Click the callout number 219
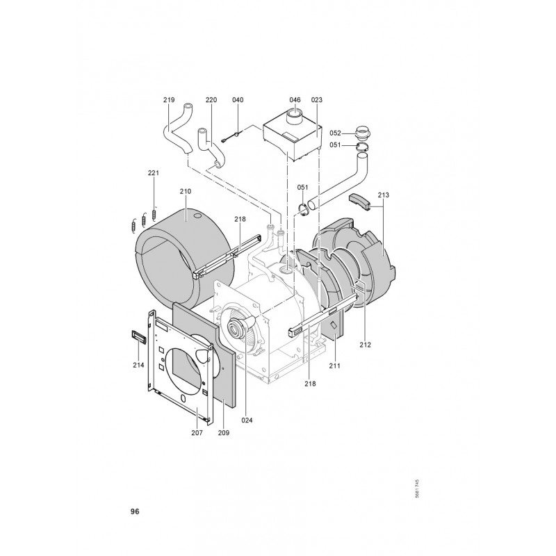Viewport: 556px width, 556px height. pos(169,100)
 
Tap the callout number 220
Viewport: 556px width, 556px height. pos(211,100)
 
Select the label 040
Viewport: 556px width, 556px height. pos(238,100)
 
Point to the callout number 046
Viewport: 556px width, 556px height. pos(295,100)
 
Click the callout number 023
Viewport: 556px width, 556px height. pos(317,100)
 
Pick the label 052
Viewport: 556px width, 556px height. pos(335,133)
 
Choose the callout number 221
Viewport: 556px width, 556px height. pos(154,173)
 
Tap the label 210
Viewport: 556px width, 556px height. pos(185,192)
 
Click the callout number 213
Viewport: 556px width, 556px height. pos(384,195)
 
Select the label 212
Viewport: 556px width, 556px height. pos(365,345)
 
